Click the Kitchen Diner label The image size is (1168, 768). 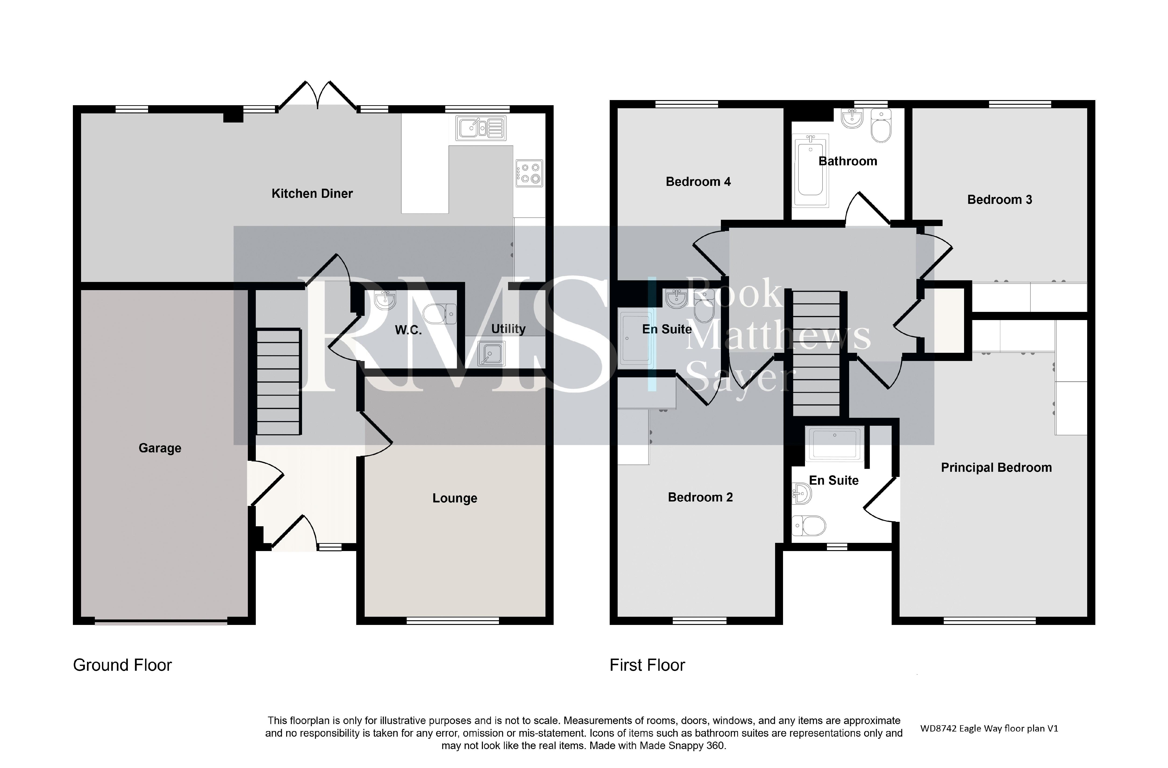tap(312, 194)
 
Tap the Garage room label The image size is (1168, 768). tap(160, 448)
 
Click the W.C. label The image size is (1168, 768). tap(408, 330)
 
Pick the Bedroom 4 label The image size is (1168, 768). tap(698, 182)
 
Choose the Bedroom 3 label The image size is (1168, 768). tap(1000, 199)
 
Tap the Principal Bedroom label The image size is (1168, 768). tap(996, 468)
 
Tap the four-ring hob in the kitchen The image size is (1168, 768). tap(529, 173)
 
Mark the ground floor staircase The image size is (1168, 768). tap(278, 382)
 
